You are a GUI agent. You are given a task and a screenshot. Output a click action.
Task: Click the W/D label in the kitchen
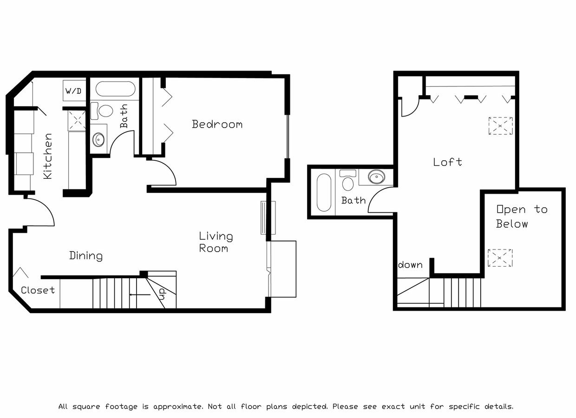73,91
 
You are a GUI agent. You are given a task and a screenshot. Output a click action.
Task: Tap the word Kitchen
47,156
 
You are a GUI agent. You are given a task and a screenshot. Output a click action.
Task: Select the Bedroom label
217,124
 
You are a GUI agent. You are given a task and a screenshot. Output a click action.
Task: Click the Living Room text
216,242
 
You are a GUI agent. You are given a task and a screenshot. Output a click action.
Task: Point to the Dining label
86,255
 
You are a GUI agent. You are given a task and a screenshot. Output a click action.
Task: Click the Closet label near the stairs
38,290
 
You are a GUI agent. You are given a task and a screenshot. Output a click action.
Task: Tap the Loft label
447,162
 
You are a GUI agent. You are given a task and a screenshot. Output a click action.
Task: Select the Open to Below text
521,216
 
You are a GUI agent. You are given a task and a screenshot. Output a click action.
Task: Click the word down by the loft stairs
410,265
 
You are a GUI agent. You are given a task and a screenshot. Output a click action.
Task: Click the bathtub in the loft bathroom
323,192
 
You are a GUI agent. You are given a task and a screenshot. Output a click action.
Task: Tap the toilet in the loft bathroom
347,181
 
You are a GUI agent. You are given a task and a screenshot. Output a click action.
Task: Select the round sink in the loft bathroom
376,177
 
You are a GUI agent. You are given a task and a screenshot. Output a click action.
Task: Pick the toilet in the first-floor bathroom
104,111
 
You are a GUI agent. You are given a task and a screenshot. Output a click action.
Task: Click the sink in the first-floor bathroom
98,138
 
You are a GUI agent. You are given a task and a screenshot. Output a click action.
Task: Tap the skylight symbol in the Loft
500,126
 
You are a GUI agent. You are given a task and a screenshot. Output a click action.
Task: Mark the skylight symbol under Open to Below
500,258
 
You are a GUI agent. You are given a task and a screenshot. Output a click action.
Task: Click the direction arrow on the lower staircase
139,294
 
